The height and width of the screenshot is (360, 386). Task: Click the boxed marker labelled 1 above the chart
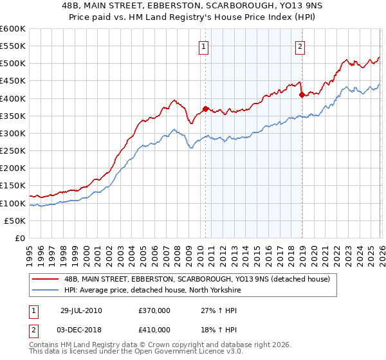point(203,46)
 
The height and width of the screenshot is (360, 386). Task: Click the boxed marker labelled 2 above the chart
point(300,46)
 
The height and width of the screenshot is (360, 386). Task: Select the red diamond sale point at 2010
point(205,109)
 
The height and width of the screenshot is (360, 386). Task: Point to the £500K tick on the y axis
point(13,64)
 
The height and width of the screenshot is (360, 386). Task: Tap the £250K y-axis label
point(13,151)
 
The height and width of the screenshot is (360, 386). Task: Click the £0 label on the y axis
point(21,239)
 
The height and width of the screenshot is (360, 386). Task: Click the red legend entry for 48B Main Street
point(196,279)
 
